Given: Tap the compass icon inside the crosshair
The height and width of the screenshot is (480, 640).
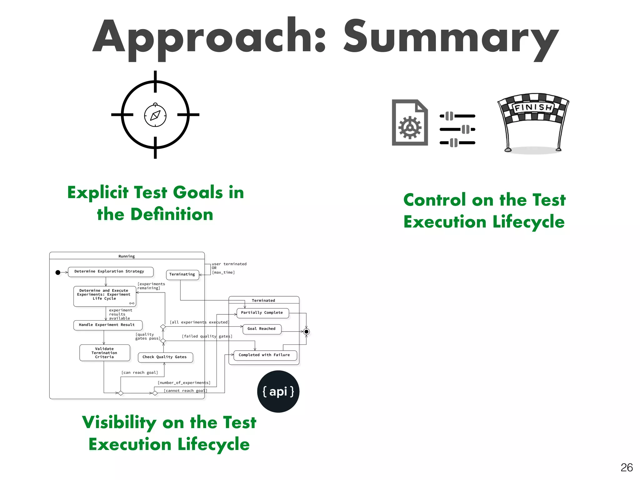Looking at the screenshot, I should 155,115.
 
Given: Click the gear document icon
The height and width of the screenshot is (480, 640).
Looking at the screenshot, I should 410,122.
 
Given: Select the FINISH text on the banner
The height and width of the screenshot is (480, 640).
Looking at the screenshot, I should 533,108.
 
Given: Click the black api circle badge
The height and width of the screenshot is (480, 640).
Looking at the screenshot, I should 278,391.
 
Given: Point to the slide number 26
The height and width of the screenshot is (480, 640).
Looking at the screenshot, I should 626,467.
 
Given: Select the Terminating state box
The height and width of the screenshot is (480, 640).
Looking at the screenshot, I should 182,274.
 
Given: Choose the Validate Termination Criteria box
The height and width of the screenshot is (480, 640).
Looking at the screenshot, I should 104,353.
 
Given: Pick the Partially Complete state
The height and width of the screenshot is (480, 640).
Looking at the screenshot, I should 262,313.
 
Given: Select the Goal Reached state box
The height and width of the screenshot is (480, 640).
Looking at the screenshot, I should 262,329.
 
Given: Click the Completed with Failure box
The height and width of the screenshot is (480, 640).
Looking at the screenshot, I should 265,355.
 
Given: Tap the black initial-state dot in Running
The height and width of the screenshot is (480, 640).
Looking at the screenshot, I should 58,272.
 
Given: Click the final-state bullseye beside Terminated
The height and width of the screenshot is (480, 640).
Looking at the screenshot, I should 307,332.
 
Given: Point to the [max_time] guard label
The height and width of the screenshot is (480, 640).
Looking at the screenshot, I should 223,272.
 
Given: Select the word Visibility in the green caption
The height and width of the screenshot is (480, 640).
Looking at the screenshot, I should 119,422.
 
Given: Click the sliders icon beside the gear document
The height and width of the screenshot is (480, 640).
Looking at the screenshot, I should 457,129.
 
